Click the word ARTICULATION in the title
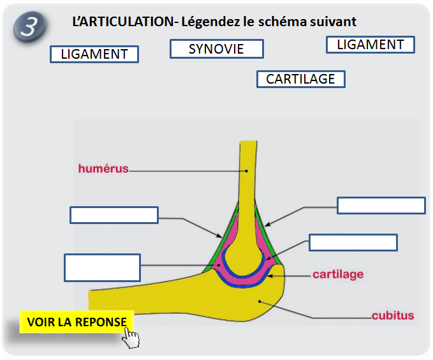[124, 21]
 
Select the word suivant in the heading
[332, 21]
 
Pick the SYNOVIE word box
[216, 49]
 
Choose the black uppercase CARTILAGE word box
[300, 79]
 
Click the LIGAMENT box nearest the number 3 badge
[94, 54]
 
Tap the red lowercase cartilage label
[338, 274]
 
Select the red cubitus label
[393, 315]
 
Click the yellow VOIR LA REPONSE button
[77, 322]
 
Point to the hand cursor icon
[131, 338]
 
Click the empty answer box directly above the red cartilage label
[353, 243]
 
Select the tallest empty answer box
[102, 267]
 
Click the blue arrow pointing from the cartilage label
[290, 275]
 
